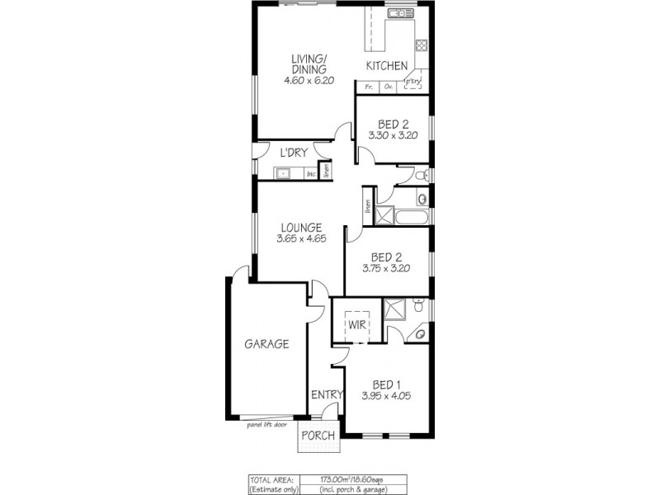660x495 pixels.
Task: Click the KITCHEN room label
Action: [x=386, y=66]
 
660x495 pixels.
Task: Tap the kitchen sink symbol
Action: [x=400, y=14]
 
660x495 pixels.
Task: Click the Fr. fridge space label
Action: [x=369, y=86]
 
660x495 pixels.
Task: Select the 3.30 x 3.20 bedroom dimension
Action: [x=394, y=134]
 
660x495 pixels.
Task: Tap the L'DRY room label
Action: [x=293, y=153]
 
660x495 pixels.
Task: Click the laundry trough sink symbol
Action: [x=282, y=173]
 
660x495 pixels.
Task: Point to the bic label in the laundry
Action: [x=311, y=174]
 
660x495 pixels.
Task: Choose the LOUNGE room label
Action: [x=299, y=228]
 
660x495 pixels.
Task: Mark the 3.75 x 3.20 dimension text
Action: [x=386, y=267]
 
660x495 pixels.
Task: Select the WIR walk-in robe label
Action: [x=356, y=325]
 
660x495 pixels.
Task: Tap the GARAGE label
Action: [x=266, y=344]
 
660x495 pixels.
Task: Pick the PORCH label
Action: [x=318, y=436]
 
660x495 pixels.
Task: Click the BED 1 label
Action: [x=387, y=384]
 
